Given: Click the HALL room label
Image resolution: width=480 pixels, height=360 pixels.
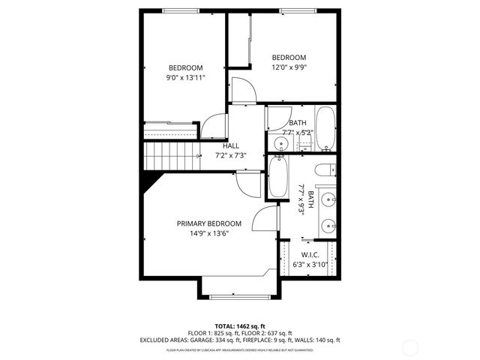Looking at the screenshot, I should pyautogui.click(x=231, y=146).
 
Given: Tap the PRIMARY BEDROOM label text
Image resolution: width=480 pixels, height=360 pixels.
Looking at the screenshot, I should pyautogui.click(x=208, y=223).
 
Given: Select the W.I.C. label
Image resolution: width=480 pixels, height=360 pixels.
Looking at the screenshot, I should pyautogui.click(x=310, y=255).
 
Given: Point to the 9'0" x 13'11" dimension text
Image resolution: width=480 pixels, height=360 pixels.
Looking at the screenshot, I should pyautogui.click(x=185, y=76).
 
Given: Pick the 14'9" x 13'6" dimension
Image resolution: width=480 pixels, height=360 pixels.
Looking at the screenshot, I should pyautogui.click(x=208, y=233).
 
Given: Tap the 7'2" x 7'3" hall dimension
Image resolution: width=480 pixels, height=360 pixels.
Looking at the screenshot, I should pyautogui.click(x=231, y=156).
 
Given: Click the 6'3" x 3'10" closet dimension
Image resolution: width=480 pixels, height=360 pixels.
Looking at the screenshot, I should pyautogui.click(x=310, y=265).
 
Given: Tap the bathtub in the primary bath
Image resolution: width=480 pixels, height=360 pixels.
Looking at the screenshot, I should pyautogui.click(x=277, y=177).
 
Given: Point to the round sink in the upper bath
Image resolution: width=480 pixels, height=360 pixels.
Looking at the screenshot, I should pyautogui.click(x=281, y=142).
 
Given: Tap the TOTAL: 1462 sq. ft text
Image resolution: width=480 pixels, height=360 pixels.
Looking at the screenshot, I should pyautogui.click(x=240, y=326).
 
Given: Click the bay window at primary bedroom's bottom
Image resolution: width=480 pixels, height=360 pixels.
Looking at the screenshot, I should pyautogui.click(x=240, y=296).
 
